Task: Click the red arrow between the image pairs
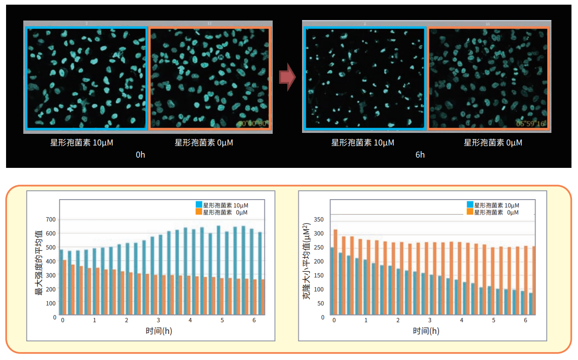287,77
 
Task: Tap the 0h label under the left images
140,155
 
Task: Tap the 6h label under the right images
420,155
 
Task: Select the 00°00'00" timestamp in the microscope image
252,124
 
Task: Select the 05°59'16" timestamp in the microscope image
531,124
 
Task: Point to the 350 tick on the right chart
319,220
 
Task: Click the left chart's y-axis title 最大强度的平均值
40,263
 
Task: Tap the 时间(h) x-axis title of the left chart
158,331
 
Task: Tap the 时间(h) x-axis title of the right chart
426,331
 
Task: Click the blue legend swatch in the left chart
199,205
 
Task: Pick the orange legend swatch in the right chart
470,212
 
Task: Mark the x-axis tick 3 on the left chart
158,321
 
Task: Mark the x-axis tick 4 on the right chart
461,321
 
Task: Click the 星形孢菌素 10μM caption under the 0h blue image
82,143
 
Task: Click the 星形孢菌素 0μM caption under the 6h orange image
493,143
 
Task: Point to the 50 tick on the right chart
321,304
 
